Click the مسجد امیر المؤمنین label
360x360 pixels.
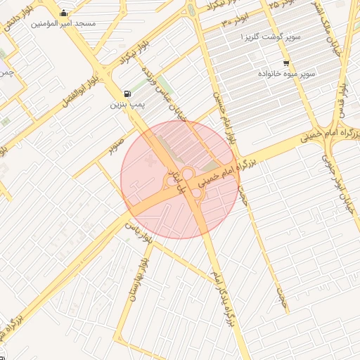(64, 23)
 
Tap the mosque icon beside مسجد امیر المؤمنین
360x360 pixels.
(65, 12)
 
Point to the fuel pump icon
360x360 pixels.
(127, 94)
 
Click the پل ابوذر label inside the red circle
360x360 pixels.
(179, 180)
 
